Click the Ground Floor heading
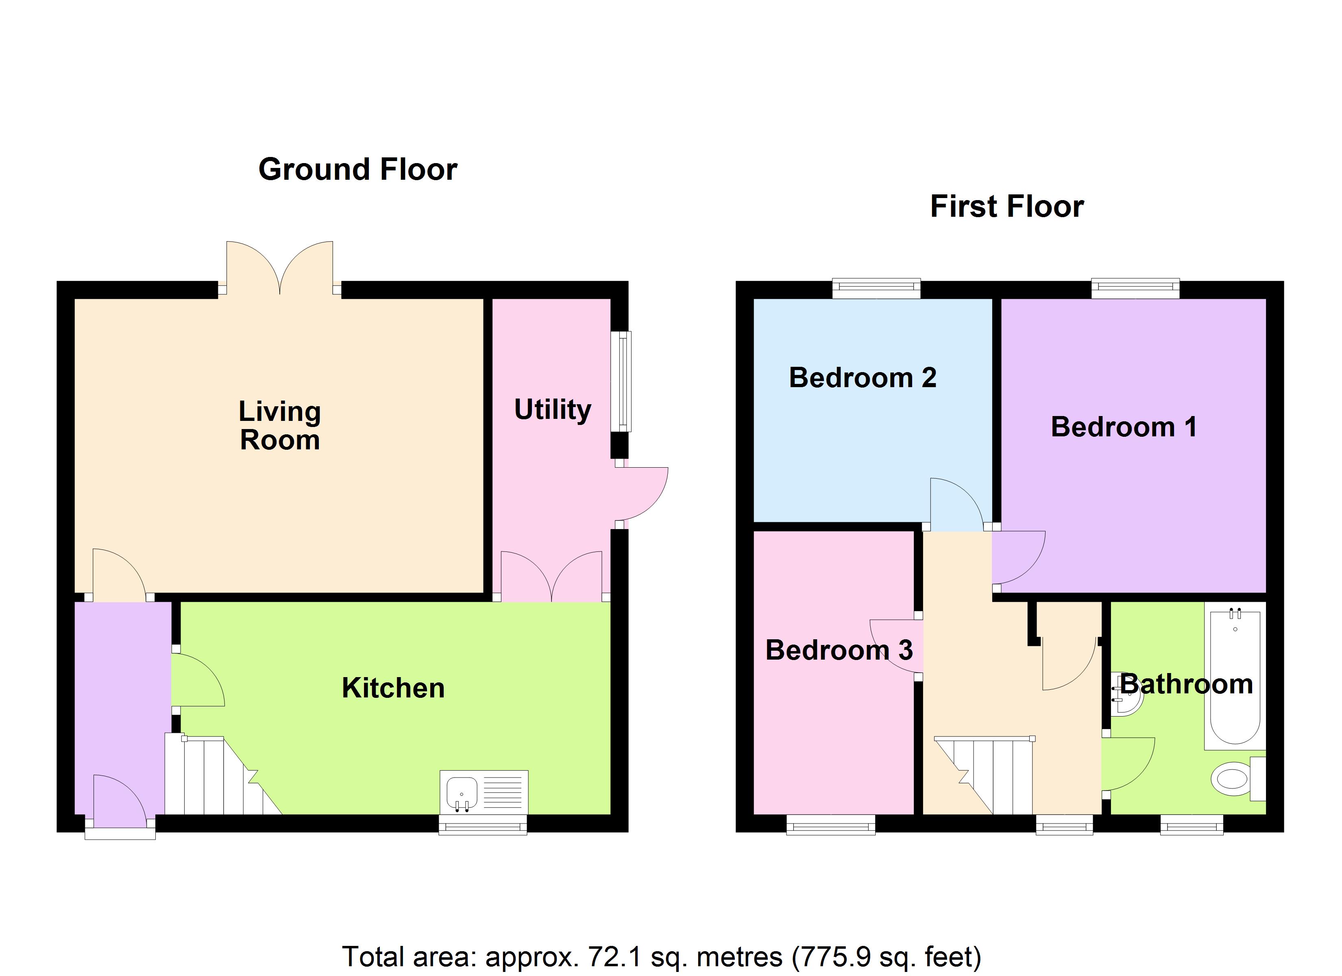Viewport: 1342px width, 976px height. [357, 170]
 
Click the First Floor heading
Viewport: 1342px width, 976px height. [1006, 207]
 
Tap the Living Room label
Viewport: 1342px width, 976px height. [279, 425]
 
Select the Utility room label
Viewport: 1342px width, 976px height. [552, 410]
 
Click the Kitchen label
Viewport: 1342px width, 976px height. [393, 688]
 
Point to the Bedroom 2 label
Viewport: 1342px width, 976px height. [862, 378]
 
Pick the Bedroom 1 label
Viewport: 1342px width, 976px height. [1123, 427]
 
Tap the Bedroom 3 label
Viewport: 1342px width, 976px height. [839, 650]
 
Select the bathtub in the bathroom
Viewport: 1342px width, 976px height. [1235, 677]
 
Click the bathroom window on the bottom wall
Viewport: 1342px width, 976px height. [1191, 824]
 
